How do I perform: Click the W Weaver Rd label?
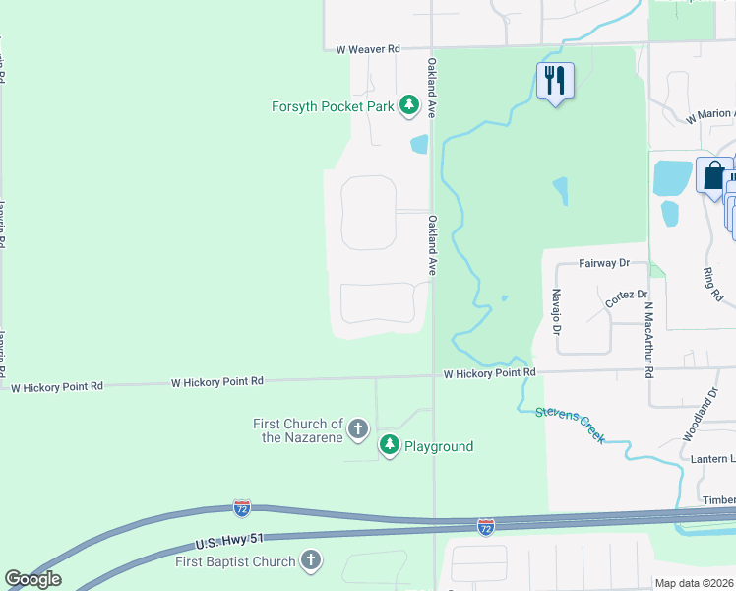(x=368, y=48)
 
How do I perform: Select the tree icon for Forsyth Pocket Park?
(x=409, y=106)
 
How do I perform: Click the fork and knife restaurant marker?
(x=555, y=81)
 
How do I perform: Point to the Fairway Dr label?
(x=603, y=263)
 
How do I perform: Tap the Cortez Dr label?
(x=627, y=295)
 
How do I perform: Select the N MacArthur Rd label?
(x=649, y=340)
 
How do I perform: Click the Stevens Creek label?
(x=571, y=425)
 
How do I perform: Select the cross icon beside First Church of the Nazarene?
(x=357, y=429)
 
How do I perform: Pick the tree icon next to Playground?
(x=391, y=446)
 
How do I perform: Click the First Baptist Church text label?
(x=235, y=561)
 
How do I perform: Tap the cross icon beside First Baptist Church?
(x=310, y=561)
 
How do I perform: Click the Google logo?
(x=32, y=579)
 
